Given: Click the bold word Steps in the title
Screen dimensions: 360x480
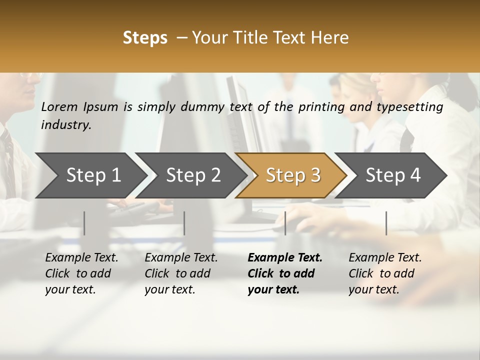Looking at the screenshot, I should (x=145, y=38).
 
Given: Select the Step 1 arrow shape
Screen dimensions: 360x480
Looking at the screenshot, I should (x=93, y=175).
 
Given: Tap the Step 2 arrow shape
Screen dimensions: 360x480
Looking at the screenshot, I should (x=193, y=175).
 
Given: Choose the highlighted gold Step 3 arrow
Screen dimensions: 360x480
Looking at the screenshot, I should (x=292, y=175).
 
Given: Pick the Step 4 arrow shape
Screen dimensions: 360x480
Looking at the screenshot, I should (x=392, y=175).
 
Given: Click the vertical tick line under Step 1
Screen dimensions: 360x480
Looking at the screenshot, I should (x=84, y=223).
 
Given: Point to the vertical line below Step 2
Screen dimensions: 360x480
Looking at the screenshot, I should (x=184, y=223).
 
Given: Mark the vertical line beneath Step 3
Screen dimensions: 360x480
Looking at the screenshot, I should (x=285, y=223).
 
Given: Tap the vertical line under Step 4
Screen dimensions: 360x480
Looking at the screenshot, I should (x=386, y=223).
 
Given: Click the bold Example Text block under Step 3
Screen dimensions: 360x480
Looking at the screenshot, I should (x=285, y=273).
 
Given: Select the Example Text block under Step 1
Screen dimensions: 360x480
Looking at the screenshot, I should (x=81, y=273).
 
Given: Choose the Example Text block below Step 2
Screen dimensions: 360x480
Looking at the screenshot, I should (x=181, y=273).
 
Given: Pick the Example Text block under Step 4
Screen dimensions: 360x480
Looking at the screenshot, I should (x=385, y=273).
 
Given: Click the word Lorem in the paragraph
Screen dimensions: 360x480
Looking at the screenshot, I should (x=59, y=106).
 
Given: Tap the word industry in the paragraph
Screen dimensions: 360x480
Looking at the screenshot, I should (x=66, y=125).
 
